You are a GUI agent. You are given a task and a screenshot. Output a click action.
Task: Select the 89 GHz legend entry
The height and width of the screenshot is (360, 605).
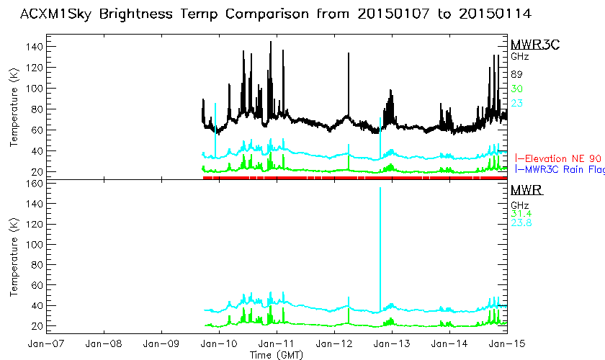[x=516, y=74]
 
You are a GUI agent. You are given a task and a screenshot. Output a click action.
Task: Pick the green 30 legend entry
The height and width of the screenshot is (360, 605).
[x=516, y=89]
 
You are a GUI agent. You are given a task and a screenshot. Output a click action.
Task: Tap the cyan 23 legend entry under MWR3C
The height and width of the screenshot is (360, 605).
[x=516, y=103]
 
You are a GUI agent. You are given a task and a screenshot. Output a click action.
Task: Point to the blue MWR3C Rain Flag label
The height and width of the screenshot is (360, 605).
[x=561, y=170]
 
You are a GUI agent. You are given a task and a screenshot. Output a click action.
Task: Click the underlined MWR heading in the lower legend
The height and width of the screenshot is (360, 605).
[x=526, y=191]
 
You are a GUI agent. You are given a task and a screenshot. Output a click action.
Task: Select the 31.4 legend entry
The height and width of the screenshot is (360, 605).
[x=521, y=213]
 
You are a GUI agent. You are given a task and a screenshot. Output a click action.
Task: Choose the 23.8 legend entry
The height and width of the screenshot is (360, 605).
[x=521, y=223]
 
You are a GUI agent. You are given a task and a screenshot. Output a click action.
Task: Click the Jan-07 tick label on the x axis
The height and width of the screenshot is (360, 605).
[x=46, y=342]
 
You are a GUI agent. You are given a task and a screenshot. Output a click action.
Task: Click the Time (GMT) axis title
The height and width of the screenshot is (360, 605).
[x=276, y=354]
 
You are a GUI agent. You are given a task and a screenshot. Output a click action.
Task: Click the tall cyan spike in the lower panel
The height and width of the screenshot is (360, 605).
[x=380, y=238]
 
